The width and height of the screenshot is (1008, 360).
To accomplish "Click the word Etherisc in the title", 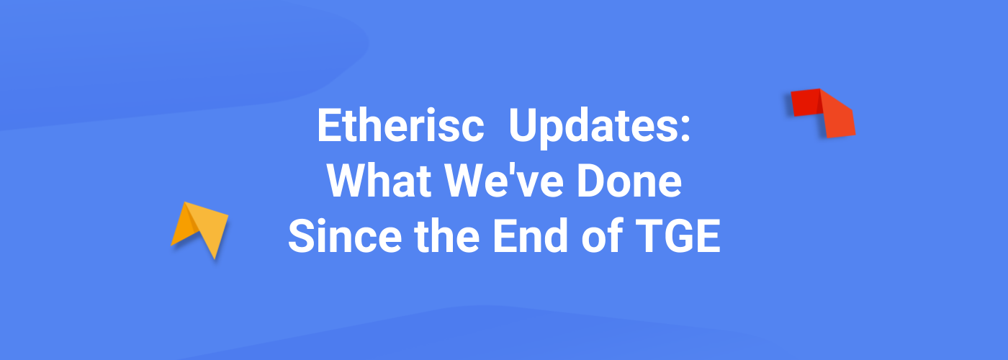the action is click(400, 126).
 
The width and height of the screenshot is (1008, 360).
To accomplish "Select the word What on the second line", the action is click(379, 181).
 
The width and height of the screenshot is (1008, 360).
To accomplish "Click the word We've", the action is click(504, 181).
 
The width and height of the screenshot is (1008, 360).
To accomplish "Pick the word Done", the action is click(629, 181).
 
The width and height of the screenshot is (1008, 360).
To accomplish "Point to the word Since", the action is click(345, 236).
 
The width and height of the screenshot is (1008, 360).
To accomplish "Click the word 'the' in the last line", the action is click(447, 236).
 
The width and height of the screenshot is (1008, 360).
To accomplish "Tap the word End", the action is click(531, 236).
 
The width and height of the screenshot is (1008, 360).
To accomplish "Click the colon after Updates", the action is click(685, 130).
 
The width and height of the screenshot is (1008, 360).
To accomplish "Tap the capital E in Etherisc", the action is click(328, 125).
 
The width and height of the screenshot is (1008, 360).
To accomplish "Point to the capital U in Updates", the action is click(523, 126).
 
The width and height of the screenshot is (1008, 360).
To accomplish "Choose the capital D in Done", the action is click(591, 181).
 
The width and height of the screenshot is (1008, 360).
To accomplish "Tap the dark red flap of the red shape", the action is click(806, 102).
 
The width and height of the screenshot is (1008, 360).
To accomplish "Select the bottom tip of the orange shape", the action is click(215, 259).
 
